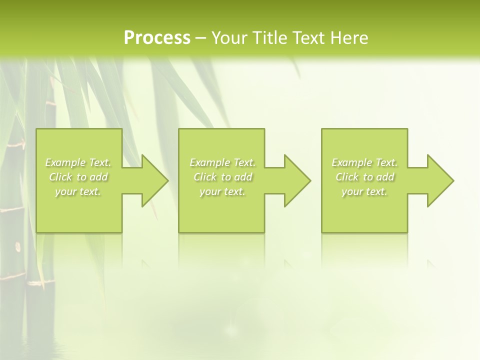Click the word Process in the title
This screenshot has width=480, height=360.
click(x=157, y=38)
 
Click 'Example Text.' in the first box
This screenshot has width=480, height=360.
click(x=78, y=162)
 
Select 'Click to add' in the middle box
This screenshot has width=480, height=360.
click(x=222, y=177)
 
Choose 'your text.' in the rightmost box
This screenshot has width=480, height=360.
click(x=364, y=191)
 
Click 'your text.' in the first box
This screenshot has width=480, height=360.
click(x=78, y=191)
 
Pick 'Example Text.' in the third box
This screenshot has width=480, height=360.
click(x=364, y=162)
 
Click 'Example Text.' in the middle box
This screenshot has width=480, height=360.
click(x=222, y=162)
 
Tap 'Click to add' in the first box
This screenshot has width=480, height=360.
click(x=78, y=177)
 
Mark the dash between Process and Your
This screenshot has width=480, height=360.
click(x=200, y=38)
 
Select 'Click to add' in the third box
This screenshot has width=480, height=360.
click(x=364, y=177)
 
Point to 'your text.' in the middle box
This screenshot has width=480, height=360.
click(x=222, y=191)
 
